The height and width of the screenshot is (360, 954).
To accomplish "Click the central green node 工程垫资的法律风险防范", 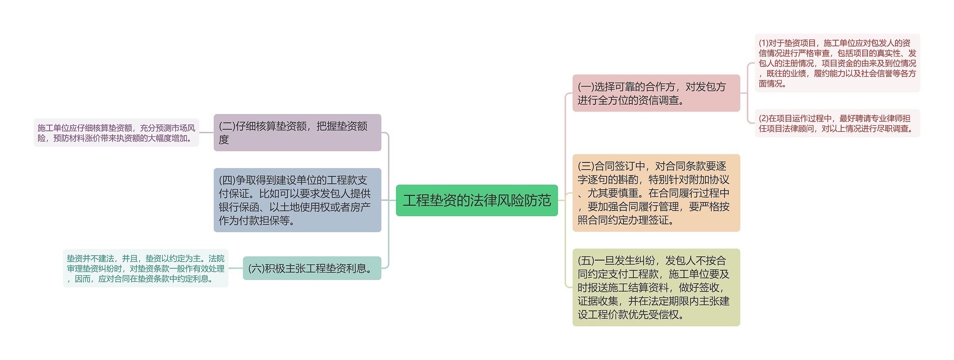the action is coord(476,200).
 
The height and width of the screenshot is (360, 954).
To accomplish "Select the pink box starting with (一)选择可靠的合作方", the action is coord(656,93).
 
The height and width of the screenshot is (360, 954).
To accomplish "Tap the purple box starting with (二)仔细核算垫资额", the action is coord(297,133).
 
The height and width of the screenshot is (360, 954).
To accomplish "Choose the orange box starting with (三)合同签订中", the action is coord(656,193).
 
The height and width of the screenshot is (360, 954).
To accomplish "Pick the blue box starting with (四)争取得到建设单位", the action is coord(297,200).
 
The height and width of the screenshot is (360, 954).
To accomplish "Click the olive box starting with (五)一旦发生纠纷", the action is coord(656,287).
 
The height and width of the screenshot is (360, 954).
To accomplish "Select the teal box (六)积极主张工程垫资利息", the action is coord(312,268).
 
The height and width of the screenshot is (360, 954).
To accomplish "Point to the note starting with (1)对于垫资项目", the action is coord(837,63).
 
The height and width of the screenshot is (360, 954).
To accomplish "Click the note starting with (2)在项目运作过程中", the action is coord(837,123).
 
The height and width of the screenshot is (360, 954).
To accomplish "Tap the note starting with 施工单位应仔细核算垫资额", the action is coord(116,133).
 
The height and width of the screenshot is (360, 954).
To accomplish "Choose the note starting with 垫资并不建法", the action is coord(145,268).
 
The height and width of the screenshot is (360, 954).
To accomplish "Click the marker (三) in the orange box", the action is coord(586,166).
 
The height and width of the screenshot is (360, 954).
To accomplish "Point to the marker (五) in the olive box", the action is coord(586,260).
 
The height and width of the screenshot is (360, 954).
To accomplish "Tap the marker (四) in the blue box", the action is coord(227,180).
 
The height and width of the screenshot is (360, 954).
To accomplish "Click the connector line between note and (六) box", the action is coord(236,268).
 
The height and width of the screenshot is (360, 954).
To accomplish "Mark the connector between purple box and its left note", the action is coord(206,133).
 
